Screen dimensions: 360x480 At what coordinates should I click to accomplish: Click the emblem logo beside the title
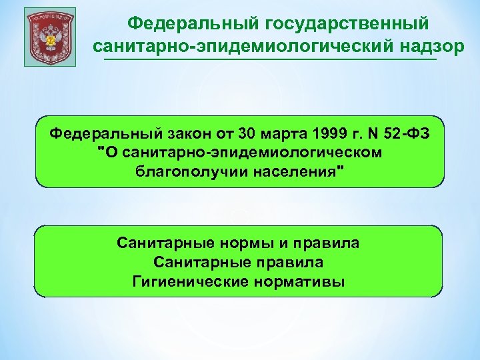point(50,37)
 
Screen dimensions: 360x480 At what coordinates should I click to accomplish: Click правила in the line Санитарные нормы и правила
point(323,243)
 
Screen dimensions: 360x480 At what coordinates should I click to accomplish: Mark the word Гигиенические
point(191,281)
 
